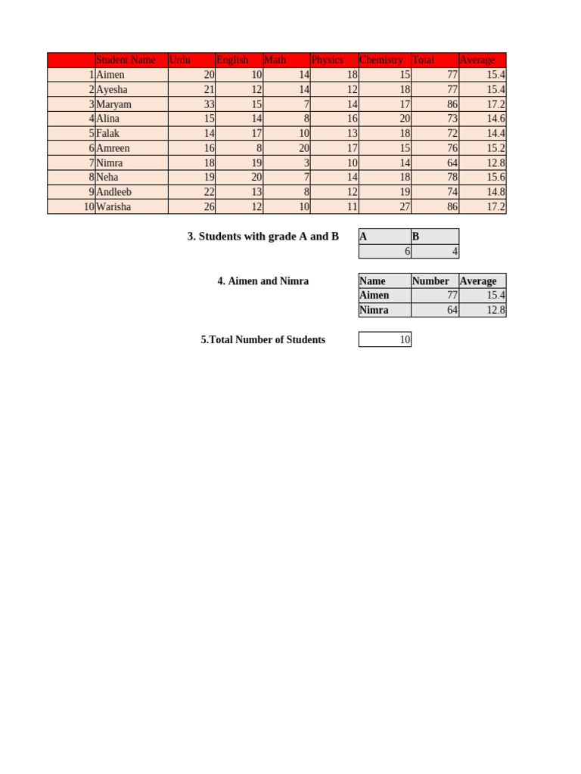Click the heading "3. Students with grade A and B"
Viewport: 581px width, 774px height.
(263, 237)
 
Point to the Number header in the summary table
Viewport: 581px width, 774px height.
(430, 280)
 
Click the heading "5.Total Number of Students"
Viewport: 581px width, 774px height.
(263, 340)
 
